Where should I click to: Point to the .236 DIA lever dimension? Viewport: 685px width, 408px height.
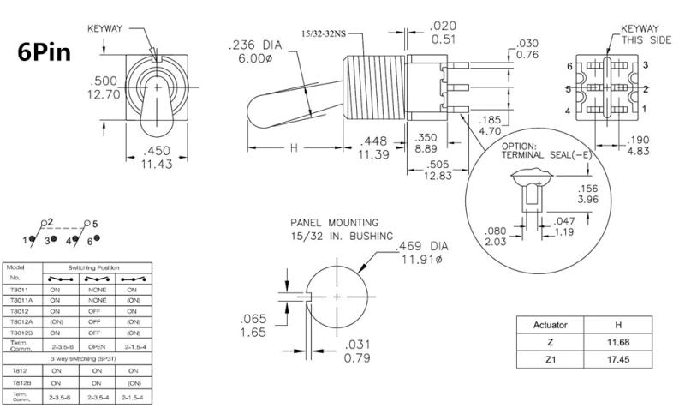coord(255,51)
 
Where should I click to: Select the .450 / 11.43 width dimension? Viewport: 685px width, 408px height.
coord(158,156)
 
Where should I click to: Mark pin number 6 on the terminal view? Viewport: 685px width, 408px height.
coord(569,65)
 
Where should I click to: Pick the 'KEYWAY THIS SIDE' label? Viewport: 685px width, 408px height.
coord(642,33)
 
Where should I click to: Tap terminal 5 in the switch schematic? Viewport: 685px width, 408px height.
coord(94,223)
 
